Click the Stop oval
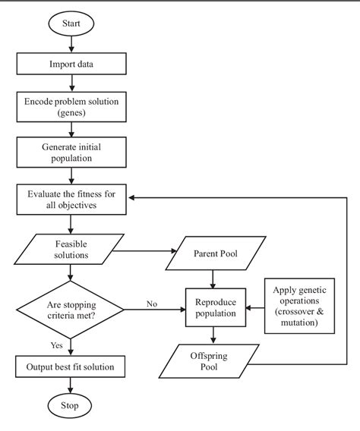pyautogui.click(x=70, y=406)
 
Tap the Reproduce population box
pyautogui.click(x=214, y=308)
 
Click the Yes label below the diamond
pyautogui.click(x=57, y=344)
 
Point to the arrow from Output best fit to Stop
pyautogui.click(x=70, y=384)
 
